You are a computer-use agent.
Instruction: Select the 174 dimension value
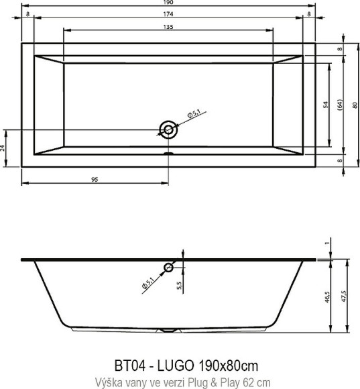click(x=168, y=13)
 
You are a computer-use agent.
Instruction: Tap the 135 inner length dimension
click(x=168, y=27)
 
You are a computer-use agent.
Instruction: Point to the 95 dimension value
click(x=95, y=179)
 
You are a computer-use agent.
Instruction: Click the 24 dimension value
click(x=3, y=147)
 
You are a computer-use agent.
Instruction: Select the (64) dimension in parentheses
click(x=339, y=105)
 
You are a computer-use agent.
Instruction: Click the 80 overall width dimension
click(x=353, y=105)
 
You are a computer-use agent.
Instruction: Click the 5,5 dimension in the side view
click(x=178, y=286)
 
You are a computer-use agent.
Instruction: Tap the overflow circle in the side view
click(x=168, y=268)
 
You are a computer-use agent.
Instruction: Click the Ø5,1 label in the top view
click(x=192, y=114)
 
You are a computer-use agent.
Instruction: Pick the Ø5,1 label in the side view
click(x=148, y=284)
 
